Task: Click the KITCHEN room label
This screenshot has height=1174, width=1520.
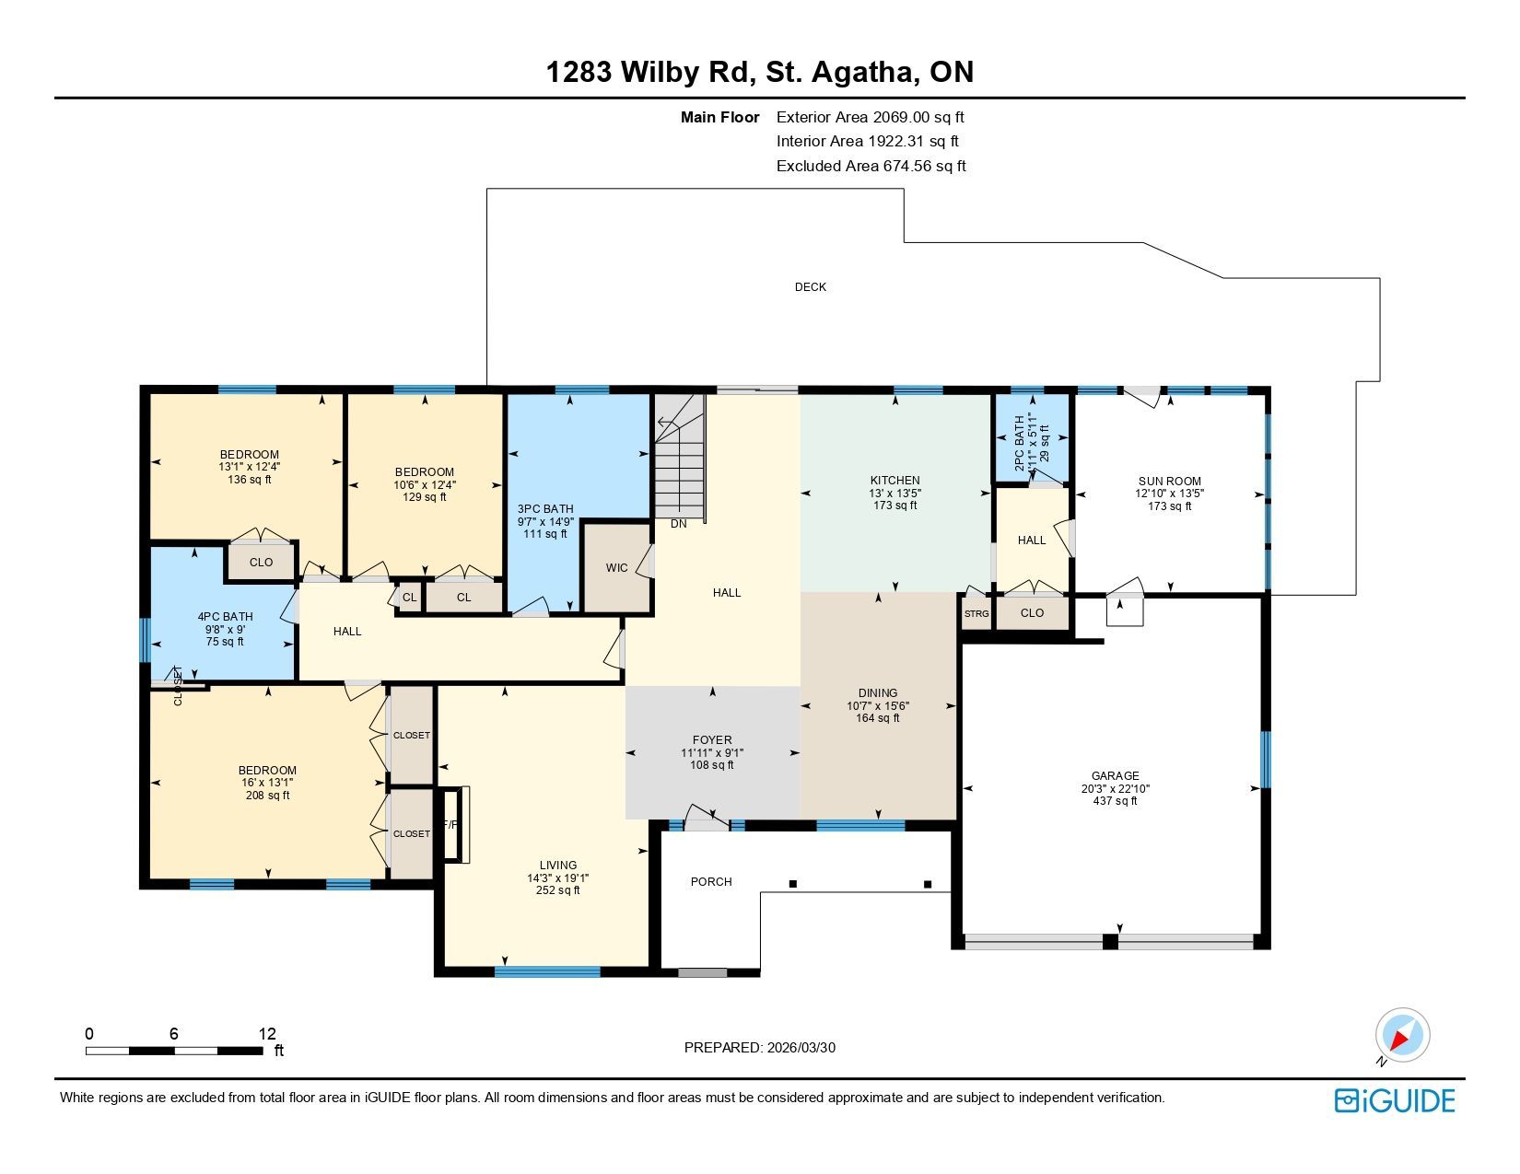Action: (894, 481)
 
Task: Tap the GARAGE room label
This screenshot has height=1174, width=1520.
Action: (1115, 776)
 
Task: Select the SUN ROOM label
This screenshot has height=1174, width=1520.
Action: (1170, 481)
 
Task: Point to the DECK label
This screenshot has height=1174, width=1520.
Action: (810, 287)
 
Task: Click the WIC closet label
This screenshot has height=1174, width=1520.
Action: (616, 568)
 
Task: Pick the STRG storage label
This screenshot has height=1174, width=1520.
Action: (976, 614)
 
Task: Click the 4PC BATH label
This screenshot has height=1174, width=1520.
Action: (225, 617)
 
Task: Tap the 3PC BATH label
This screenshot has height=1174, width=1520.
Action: (545, 509)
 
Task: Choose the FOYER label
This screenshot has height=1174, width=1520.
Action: (712, 739)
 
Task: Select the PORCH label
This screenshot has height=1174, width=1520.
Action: (710, 882)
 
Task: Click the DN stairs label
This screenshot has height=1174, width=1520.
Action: (679, 524)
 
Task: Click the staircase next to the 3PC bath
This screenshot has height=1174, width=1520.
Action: (679, 455)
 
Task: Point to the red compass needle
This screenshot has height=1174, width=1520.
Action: (1399, 1040)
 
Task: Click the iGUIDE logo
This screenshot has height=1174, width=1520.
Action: (1394, 1100)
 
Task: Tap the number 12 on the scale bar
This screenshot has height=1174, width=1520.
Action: (267, 1033)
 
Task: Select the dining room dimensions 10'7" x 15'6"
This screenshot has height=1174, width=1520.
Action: (878, 706)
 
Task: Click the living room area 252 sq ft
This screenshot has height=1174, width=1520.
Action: (557, 890)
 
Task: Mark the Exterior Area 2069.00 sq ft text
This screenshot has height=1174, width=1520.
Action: (871, 118)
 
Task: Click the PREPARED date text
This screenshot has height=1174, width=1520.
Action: (760, 1048)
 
